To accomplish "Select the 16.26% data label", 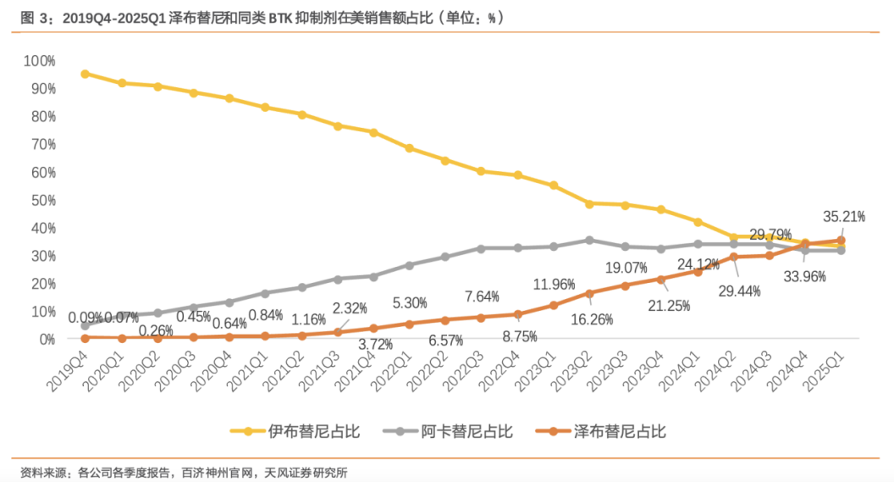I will [x=593, y=320].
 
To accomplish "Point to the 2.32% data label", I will [x=350, y=308].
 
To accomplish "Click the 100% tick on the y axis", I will [x=40, y=61].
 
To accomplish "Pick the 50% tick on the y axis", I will [x=42, y=200].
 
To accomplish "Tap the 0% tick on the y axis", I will [x=46, y=339].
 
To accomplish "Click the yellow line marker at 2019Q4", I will [x=85, y=74].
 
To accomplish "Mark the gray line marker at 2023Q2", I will [x=589, y=240].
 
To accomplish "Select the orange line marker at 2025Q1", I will [x=841, y=241].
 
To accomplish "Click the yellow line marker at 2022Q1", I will [x=409, y=148].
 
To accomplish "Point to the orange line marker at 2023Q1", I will [x=554, y=305].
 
